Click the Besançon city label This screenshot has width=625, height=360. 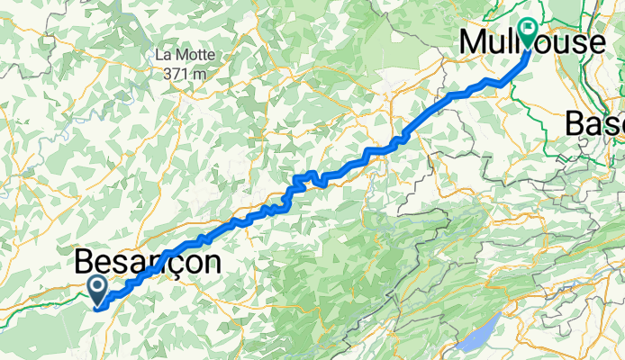pyautogui.click(x=148, y=263)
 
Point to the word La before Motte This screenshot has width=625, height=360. pyautogui.click(x=165, y=55)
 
